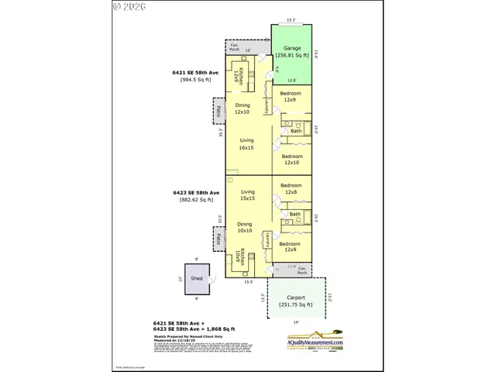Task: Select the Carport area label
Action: (295, 301)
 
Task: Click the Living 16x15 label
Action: (247, 144)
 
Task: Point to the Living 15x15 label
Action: (247, 195)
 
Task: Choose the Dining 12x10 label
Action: (242, 108)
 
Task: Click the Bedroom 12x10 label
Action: (291, 159)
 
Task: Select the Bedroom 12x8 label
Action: (291, 189)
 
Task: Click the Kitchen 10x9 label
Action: (243, 257)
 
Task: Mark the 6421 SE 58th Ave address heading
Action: (196, 72)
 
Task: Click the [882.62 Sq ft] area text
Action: (196, 199)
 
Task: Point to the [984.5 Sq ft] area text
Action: (195, 79)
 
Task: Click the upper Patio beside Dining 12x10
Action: (219, 110)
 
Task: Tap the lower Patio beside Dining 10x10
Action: (219, 239)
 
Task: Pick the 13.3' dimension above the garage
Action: (291, 21)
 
